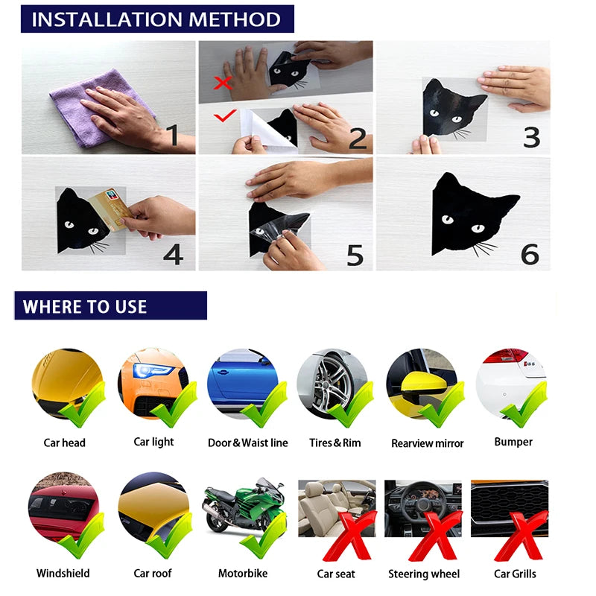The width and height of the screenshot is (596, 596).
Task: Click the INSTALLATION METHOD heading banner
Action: pos(156,19)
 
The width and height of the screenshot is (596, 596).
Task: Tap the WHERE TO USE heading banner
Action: pos(110,306)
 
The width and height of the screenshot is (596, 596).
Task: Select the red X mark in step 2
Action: pos(222,83)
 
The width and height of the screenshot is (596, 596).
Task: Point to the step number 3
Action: pos(530,137)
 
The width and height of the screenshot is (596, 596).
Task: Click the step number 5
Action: pos(355,255)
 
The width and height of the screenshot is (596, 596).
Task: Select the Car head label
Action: pos(64,443)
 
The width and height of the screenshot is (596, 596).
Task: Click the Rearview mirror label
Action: pos(427,443)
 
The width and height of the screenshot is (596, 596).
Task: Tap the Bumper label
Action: pos(513,442)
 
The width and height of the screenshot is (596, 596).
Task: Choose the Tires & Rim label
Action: pos(335,443)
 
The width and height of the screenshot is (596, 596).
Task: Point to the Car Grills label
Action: pos(514,574)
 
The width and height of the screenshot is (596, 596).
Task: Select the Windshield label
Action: pos(63,574)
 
